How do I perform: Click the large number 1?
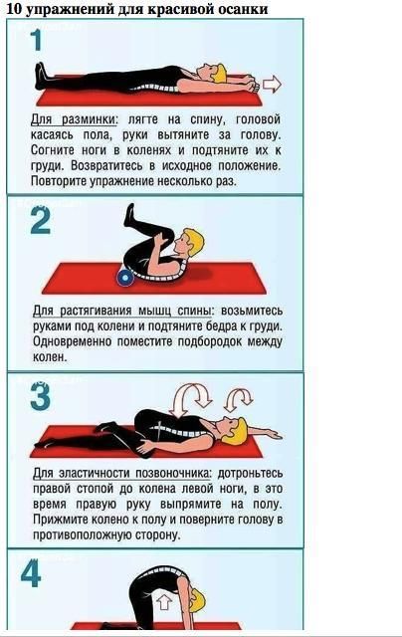[x=37, y=41]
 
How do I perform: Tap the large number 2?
[x=41, y=221]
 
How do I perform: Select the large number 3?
[x=40, y=396]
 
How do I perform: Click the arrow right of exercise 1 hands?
[x=272, y=84]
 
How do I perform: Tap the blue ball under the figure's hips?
[x=125, y=278]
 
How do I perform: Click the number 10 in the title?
[x=14, y=9]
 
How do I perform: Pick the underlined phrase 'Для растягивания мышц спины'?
[x=122, y=312]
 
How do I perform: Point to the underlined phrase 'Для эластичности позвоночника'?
[x=122, y=474]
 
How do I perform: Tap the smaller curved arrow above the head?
[x=239, y=399]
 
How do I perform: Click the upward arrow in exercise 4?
[x=163, y=601]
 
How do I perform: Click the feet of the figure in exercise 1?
[x=41, y=76]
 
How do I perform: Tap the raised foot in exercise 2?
[x=129, y=214]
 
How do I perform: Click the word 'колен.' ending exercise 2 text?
[x=50, y=357]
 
